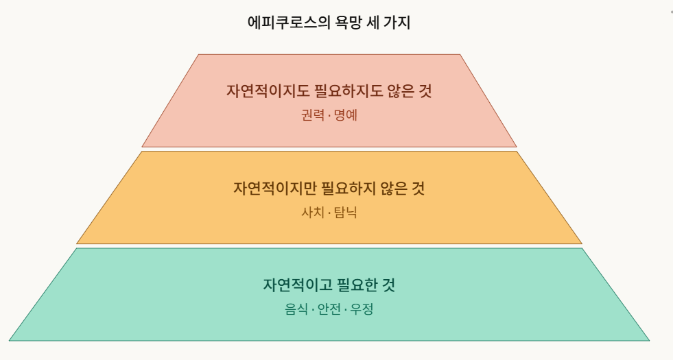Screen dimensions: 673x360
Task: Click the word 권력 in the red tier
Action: click(x=313, y=115)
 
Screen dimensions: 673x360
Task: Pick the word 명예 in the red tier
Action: click(x=346, y=115)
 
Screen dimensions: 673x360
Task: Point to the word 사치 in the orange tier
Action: click(x=313, y=212)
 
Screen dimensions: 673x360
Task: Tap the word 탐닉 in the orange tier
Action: click(x=346, y=212)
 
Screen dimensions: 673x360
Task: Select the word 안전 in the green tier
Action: click(x=329, y=309)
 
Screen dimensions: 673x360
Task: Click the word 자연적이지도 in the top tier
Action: click(x=264, y=91)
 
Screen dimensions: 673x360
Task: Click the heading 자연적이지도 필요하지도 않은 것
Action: click(x=329, y=91)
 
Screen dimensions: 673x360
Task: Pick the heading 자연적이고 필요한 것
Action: click(x=329, y=285)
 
